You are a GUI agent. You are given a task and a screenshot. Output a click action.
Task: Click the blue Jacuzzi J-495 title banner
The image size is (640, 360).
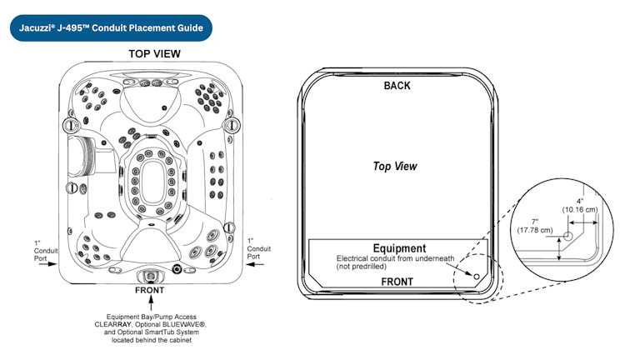click(x=111, y=28)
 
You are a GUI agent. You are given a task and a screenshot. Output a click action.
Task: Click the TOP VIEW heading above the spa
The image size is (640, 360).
click(x=155, y=54)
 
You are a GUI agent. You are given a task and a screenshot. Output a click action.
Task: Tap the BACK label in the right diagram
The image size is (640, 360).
click(x=397, y=86)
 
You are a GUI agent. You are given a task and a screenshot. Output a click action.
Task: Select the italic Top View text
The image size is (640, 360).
click(x=395, y=166)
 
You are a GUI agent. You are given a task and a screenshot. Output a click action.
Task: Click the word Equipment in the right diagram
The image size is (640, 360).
click(x=399, y=248)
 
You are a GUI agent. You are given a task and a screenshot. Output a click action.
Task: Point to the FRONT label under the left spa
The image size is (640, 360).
click(x=150, y=290)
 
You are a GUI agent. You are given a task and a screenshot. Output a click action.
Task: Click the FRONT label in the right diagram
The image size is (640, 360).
click(x=397, y=282)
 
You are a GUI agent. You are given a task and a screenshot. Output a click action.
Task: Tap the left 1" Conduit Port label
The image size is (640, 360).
click(x=45, y=251)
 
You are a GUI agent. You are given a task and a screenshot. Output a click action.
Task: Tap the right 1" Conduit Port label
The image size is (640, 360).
click(x=259, y=248)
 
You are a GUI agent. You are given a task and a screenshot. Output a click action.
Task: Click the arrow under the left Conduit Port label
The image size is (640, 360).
click(x=47, y=264)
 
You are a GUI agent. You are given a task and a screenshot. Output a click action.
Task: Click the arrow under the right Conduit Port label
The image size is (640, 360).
click(x=256, y=264)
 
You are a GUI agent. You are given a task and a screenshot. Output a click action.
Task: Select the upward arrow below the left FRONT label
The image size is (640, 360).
click(x=151, y=302)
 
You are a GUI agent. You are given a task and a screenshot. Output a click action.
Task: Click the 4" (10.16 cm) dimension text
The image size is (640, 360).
click(x=580, y=205)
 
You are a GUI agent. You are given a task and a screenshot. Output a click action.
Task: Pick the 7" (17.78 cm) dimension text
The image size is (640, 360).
click(x=535, y=226)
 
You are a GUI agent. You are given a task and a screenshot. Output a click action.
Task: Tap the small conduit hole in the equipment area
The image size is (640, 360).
click(x=477, y=277)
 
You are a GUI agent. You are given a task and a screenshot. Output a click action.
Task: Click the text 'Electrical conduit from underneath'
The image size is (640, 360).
click(x=395, y=258)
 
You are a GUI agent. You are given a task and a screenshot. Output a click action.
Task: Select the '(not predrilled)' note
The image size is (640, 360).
click(x=361, y=267)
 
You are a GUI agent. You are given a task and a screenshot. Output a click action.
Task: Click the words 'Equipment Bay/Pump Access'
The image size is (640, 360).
click(x=152, y=317)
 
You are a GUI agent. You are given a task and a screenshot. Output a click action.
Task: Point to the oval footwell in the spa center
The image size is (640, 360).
click(x=152, y=182)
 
